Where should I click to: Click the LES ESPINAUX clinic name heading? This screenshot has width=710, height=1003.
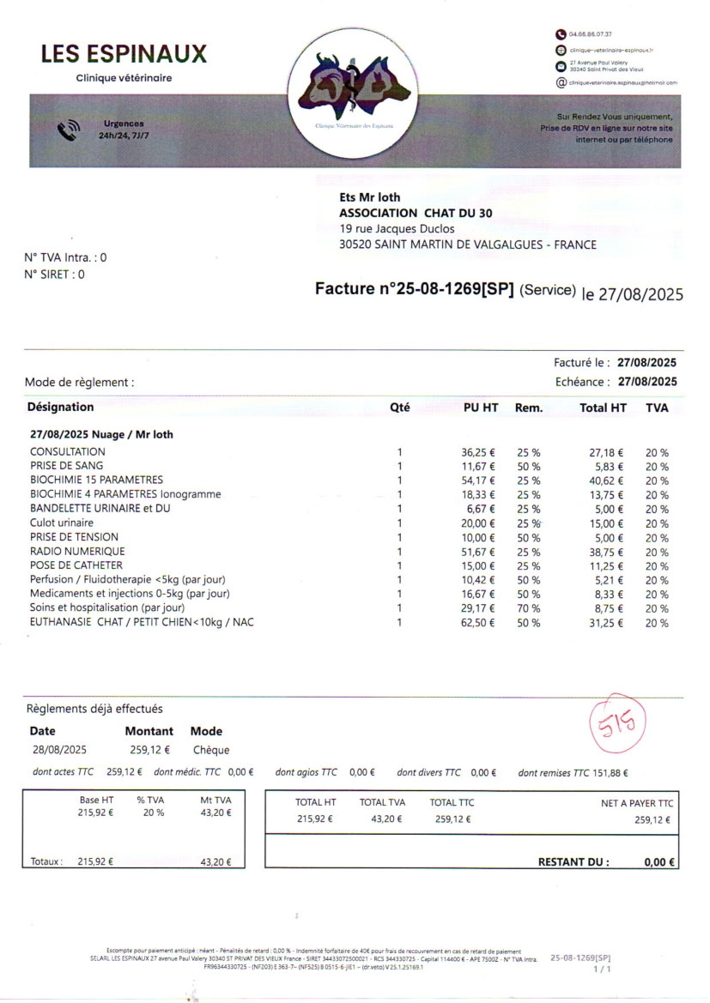124,54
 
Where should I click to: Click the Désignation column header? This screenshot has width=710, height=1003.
60,408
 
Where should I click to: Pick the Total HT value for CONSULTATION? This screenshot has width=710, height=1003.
606,452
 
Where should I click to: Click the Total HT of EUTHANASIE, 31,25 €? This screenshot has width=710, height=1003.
606,622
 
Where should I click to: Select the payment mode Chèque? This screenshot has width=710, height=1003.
210,750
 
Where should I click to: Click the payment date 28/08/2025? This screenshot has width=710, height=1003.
58,750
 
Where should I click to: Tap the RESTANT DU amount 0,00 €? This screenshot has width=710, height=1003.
659,863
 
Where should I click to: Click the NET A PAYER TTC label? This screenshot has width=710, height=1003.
637,803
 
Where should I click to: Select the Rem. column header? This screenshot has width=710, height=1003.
529,408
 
